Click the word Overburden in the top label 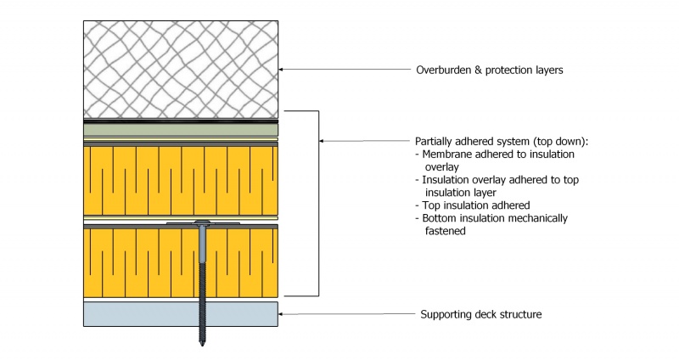click(443, 70)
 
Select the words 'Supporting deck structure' click(480, 315)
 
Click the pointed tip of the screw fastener click(204, 343)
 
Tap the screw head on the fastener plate click(204, 222)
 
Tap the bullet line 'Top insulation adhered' click(474, 206)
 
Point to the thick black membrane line click(180, 122)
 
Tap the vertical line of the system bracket click(317, 204)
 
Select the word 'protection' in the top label click(512, 70)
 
